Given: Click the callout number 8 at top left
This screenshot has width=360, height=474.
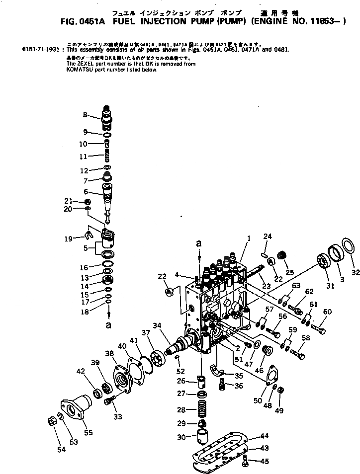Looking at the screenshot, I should click(85, 115).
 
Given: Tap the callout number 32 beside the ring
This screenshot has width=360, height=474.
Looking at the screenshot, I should click(355, 272).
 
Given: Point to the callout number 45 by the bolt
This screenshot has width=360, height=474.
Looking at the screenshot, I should click(265, 462).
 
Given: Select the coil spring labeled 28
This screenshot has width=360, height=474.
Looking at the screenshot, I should click(202, 410).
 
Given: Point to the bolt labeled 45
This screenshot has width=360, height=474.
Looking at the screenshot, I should click(246, 464).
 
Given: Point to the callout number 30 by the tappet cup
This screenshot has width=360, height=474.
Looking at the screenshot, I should click(181, 437).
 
